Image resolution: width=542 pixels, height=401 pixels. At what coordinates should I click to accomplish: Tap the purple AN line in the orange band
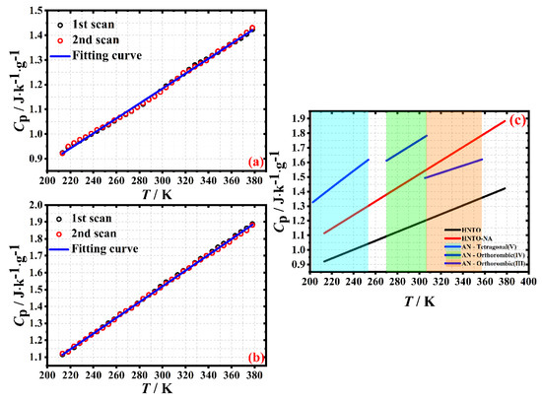[x=453, y=168]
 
